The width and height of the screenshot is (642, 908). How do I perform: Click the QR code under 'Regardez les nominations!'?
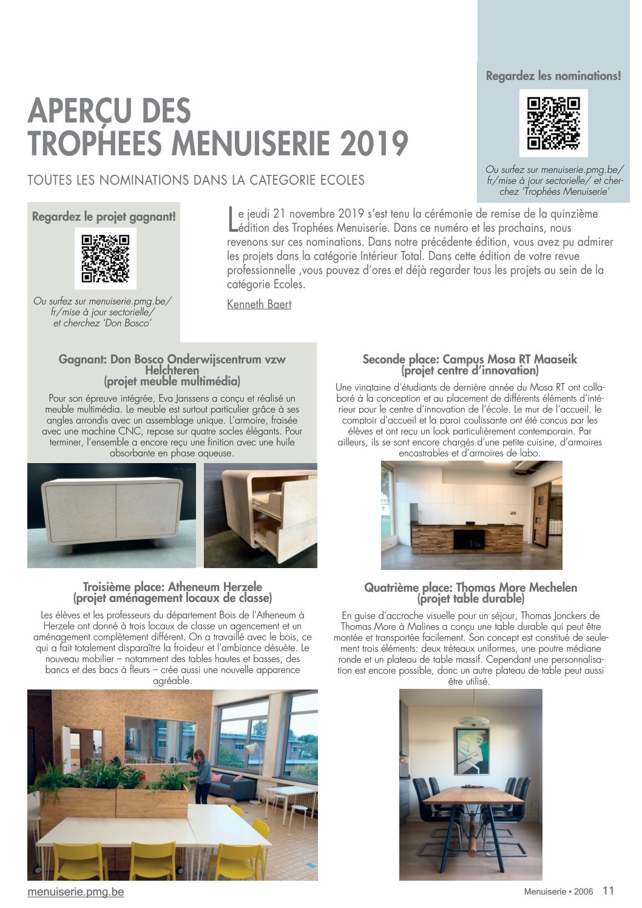(x=553, y=123)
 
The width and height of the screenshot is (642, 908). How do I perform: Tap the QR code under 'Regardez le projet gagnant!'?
(x=106, y=259)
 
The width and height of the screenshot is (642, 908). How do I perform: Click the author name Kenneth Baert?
(x=259, y=304)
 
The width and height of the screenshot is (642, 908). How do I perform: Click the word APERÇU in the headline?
(x=79, y=112)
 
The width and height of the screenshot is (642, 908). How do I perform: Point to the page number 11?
(x=608, y=890)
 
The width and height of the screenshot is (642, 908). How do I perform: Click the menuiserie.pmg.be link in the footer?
(x=76, y=892)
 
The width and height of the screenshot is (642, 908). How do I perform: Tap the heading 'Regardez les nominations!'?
(x=553, y=76)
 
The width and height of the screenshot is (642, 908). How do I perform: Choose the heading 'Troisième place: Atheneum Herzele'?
(x=172, y=587)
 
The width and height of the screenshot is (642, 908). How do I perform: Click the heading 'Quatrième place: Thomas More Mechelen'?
(x=470, y=588)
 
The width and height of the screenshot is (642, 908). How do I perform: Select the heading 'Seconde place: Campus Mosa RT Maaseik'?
(x=470, y=359)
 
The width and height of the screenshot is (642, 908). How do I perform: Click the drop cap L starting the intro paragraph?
(x=232, y=220)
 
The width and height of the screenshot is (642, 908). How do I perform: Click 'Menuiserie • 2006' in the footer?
(x=559, y=892)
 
